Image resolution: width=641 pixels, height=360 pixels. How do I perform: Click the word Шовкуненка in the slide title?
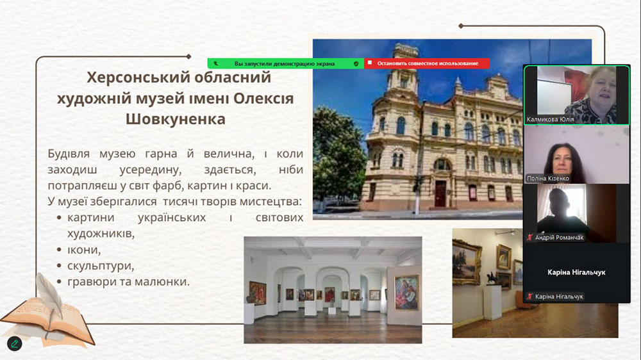pyautogui.click(x=176, y=119)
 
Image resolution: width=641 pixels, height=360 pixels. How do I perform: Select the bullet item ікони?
pyautogui.click(x=84, y=249)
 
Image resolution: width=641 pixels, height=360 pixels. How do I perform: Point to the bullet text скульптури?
pyautogui.click(x=101, y=266)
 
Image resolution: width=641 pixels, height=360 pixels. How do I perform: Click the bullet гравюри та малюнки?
pyautogui.click(x=128, y=282)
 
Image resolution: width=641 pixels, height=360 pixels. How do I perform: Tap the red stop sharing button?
pyautogui.click(x=427, y=63)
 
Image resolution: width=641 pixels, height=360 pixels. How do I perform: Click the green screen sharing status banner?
pyautogui.click(x=285, y=63)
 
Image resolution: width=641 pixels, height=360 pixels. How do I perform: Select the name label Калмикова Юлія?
pyautogui.click(x=550, y=119)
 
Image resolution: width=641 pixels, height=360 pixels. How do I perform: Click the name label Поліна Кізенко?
pyautogui.click(x=548, y=178)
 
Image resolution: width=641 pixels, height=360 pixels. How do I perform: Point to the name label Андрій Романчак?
pyautogui.click(x=559, y=238)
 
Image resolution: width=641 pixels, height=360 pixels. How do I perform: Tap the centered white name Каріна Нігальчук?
pyautogui.click(x=576, y=272)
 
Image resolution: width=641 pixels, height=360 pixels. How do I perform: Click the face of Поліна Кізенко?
pyautogui.click(x=562, y=160)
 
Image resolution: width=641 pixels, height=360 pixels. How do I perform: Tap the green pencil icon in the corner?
pyautogui.click(x=15, y=343)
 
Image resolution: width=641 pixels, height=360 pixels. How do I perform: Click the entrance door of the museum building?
pyautogui.click(x=440, y=193)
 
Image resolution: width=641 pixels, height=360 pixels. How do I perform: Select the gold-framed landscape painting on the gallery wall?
pyautogui.click(x=467, y=263)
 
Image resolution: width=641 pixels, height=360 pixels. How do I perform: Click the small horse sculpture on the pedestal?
pyautogui.click(x=491, y=279)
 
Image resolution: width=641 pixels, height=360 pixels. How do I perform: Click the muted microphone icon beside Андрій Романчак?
pyautogui.click(x=530, y=238)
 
